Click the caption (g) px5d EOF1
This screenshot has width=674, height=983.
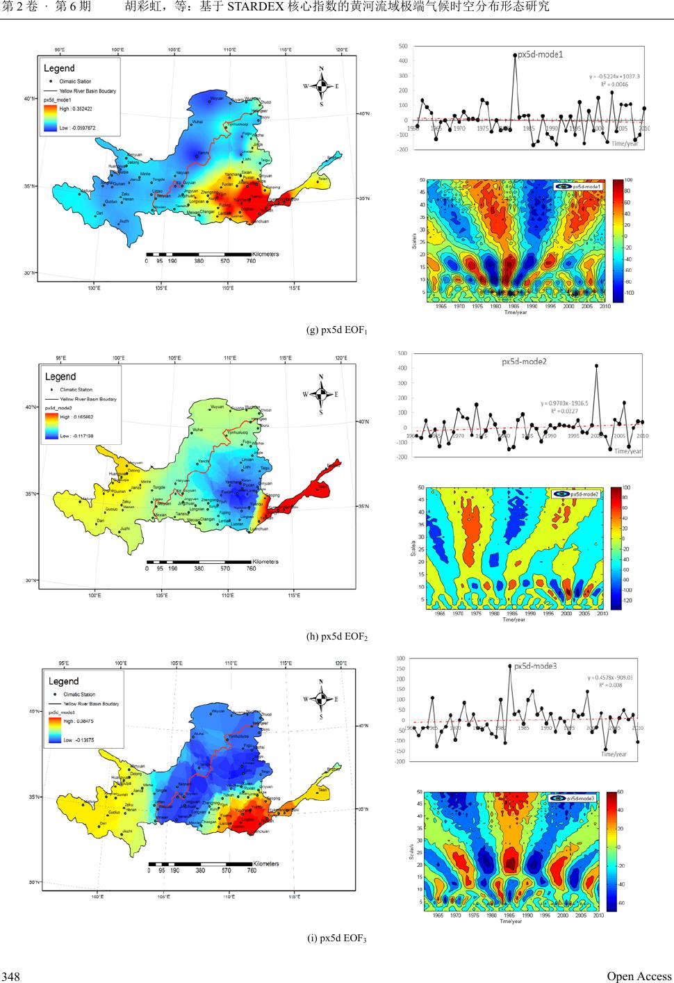click(x=336, y=330)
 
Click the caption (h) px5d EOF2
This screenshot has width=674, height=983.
click(x=336, y=636)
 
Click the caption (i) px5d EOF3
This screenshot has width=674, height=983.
click(x=336, y=939)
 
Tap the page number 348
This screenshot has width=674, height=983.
click(x=10, y=977)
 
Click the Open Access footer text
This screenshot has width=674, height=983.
click(x=639, y=976)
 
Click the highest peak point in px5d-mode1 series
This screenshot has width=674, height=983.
click(x=515, y=55)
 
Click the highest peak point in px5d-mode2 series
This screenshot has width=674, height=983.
click(x=596, y=366)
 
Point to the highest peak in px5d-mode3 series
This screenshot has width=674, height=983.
click(x=510, y=666)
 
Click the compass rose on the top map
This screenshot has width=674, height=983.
click(x=321, y=86)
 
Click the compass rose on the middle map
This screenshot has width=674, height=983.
click(x=321, y=394)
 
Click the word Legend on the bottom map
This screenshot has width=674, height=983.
click(x=64, y=681)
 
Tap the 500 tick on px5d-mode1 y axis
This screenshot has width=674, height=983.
click(x=403, y=46)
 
